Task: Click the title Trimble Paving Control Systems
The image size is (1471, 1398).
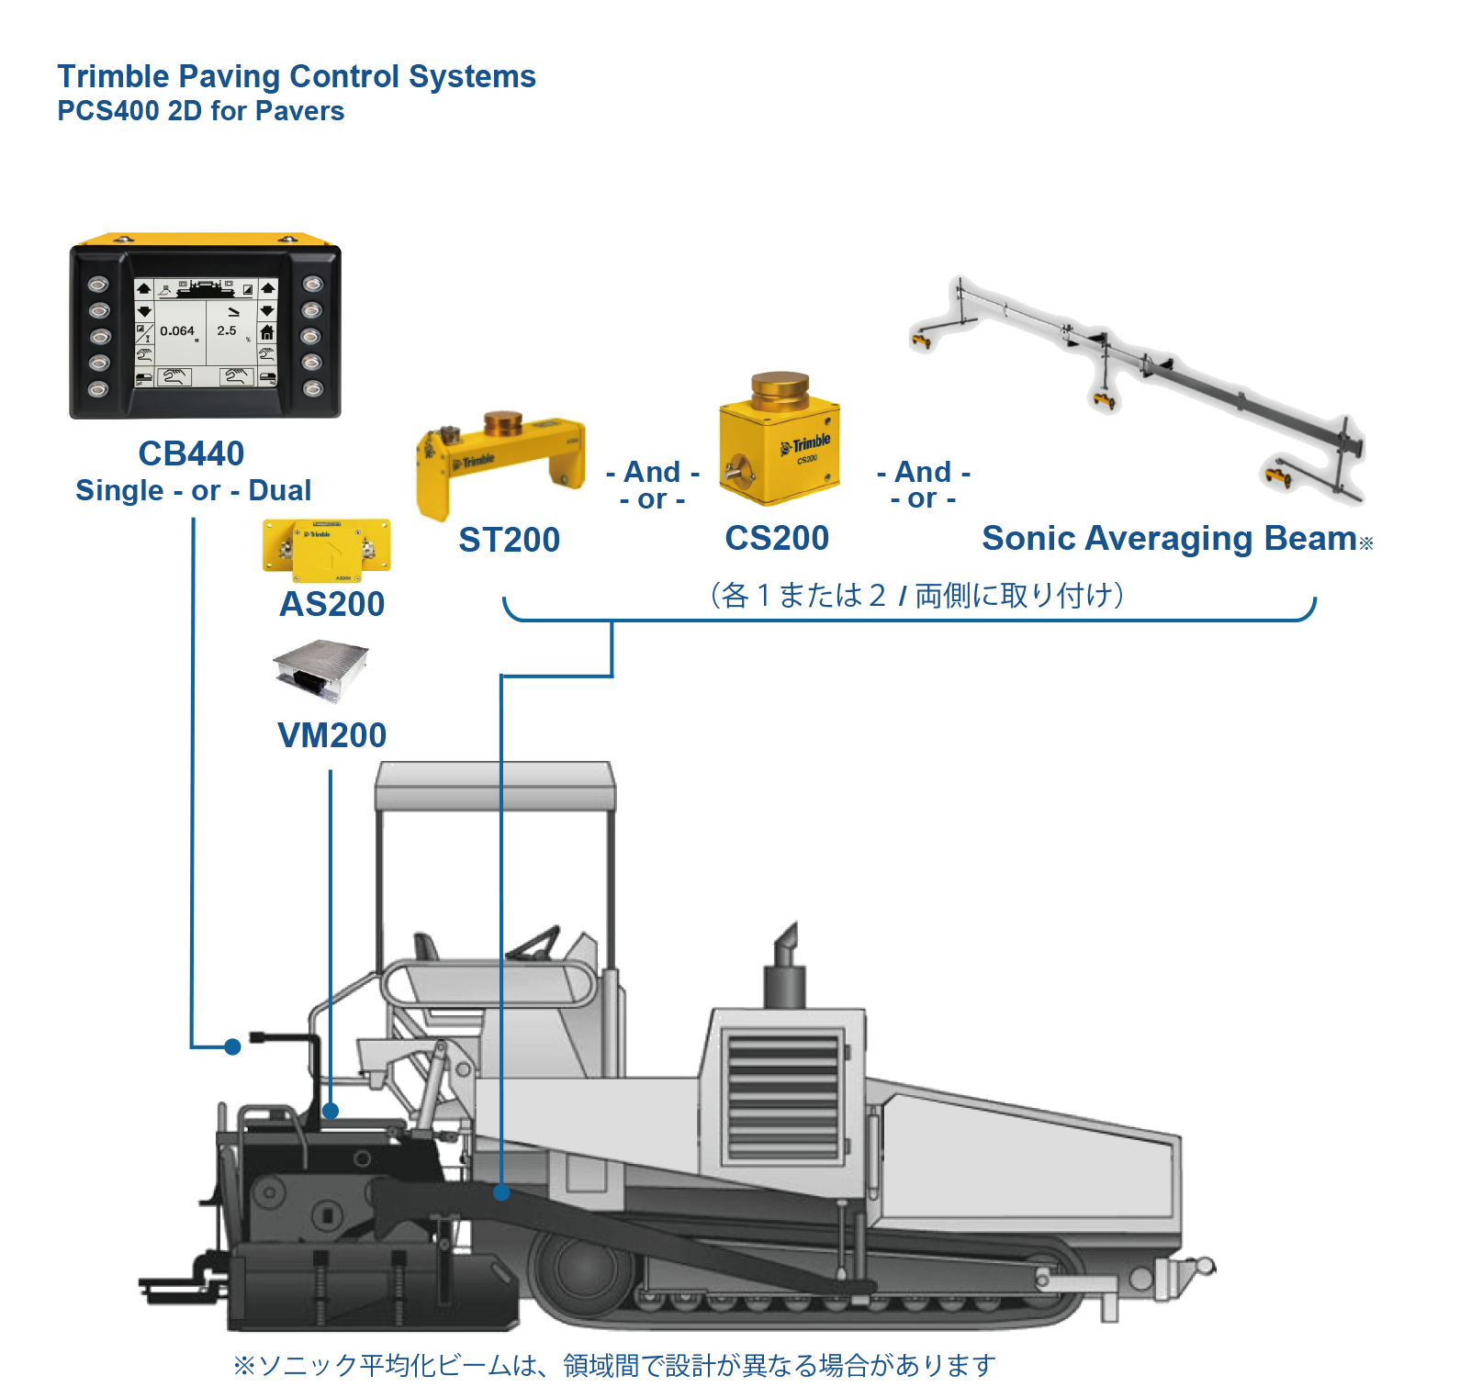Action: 297,77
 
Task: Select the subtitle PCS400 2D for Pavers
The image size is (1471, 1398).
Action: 200,111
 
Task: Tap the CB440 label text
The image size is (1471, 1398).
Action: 191,453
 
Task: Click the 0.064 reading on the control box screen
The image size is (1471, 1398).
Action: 177,331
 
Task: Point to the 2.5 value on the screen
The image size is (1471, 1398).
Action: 227,330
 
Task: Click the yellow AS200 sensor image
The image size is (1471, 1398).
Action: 327,549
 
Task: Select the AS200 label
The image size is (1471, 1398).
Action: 331,604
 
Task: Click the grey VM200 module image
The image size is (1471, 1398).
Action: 321,672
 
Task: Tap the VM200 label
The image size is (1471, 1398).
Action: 331,735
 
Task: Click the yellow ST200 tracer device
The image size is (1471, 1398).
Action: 500,463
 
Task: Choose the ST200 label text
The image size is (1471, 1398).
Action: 509,540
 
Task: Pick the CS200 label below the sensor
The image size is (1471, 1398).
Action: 777,538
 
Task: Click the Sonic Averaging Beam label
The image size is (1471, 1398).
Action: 1169,538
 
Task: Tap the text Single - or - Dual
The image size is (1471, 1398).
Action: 193,490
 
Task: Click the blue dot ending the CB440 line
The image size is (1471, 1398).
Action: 233,1046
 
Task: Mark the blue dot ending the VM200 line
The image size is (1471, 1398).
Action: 331,1111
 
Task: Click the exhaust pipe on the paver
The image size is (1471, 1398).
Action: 785,964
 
